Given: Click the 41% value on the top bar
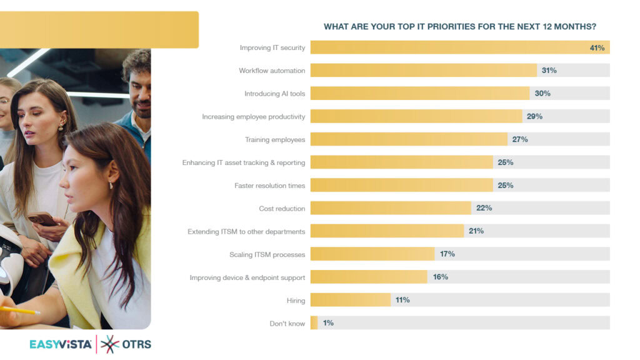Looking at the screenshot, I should [597, 47].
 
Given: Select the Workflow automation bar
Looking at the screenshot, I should [423, 71].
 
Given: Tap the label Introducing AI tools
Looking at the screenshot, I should [274, 94].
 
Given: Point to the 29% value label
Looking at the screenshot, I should [534, 116].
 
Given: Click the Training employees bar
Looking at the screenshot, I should [409, 139].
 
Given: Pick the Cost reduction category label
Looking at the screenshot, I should [282, 209].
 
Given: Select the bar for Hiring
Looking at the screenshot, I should [350, 300].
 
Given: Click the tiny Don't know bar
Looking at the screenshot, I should [314, 323].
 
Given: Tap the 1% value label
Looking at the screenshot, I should [328, 323].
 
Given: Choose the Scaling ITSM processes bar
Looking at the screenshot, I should [372, 254].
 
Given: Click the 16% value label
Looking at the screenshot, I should [440, 277].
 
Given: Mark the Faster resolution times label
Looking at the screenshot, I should [269, 186].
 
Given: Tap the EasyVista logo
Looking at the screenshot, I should [61, 344].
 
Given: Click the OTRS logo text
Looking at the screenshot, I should [136, 344].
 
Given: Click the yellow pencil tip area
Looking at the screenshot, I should [34, 311].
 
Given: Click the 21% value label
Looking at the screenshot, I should [476, 231].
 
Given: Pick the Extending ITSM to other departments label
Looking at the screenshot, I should [246, 232].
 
